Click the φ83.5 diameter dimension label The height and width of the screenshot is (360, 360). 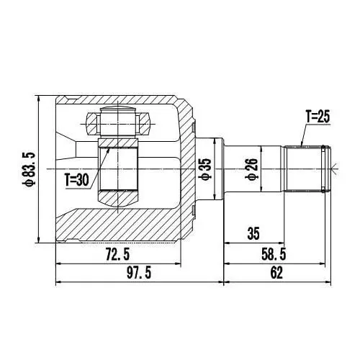29,169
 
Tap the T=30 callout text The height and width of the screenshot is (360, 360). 77,180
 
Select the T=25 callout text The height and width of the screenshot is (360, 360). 318,117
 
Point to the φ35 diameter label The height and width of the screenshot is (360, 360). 207,168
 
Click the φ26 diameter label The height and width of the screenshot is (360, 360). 251,168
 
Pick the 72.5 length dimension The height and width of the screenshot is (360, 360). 117,255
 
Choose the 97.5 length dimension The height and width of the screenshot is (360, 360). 139,273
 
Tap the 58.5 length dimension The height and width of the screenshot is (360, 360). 274,255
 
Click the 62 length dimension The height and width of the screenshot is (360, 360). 276,273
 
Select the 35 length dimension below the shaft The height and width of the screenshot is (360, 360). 253,233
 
